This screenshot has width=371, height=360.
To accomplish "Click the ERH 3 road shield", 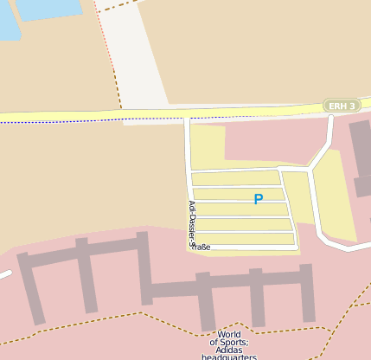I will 342,106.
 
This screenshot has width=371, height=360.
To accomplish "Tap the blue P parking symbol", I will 258,199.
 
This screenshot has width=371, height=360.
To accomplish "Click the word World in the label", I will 229,334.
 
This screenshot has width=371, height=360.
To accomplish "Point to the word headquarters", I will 229,356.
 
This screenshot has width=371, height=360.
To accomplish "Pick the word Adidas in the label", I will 229,345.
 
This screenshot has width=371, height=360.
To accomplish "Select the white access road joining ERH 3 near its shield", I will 326,138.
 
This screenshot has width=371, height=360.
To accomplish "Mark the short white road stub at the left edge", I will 4,275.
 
